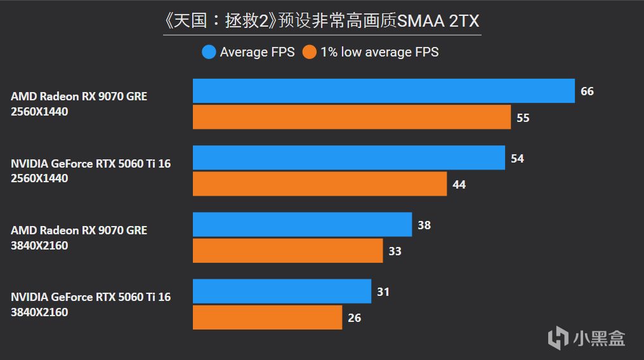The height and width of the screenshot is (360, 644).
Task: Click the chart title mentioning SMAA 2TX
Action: pos(322,21)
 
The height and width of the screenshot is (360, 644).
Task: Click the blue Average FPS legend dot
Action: pos(209,52)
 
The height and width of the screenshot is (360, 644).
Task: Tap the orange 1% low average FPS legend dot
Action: pos(309,52)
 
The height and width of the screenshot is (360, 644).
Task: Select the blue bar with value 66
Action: pos(383,91)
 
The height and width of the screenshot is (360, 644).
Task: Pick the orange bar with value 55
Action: pos(352,117)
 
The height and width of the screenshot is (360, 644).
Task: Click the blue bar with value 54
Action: pos(348,157)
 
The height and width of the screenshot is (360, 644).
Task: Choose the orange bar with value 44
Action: pos(319,184)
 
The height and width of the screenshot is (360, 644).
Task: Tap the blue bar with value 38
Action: pos(302,224)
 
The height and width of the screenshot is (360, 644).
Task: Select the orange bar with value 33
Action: pos(287,251)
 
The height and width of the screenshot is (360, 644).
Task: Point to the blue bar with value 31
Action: pos(282,291)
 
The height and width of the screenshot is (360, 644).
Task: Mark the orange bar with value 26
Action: pos(267,317)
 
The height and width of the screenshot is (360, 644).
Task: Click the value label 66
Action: pos(587,91)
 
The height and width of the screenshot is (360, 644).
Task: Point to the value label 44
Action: pos(459,185)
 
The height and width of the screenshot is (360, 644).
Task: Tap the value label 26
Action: pos(355,318)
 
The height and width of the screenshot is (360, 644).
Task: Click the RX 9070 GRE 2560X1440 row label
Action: pos(79,104)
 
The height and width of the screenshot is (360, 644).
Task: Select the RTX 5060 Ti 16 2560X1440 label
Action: pos(91,171)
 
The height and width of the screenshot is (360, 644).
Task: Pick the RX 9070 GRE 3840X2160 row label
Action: pos(79,237)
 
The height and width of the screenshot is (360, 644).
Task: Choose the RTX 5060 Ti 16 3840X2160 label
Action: pos(91,304)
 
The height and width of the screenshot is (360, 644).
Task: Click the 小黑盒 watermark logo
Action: pos(587,337)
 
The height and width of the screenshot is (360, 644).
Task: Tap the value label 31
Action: pos(383,291)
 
